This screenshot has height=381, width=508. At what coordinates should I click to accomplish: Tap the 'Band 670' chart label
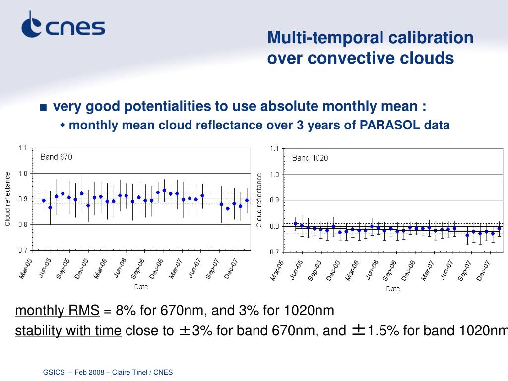(56, 157)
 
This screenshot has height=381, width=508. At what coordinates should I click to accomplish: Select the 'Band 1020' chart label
(310, 158)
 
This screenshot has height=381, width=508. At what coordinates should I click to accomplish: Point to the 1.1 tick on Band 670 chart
(23, 148)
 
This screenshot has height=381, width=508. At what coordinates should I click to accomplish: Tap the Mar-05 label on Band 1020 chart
(277, 271)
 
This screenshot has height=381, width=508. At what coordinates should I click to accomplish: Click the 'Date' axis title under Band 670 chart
(141, 287)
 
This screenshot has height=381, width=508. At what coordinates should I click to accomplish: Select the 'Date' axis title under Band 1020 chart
(393, 289)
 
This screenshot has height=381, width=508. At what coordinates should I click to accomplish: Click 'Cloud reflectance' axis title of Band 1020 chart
(259, 200)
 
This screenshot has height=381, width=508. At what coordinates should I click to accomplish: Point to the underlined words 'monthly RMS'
(57, 311)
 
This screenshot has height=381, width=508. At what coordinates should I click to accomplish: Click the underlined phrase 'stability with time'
(68, 331)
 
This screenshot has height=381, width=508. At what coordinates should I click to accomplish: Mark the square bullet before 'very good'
(44, 107)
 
